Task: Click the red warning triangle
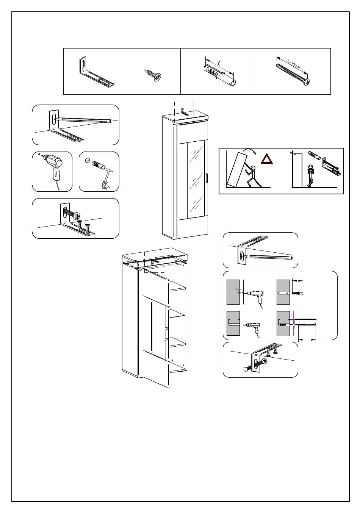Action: point(267,158)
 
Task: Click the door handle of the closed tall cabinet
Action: point(206,178)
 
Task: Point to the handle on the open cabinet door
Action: point(166,334)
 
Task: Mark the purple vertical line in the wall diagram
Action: point(293,324)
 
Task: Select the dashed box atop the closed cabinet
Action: point(184,112)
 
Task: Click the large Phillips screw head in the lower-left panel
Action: point(78,216)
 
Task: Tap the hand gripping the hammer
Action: point(104,185)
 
